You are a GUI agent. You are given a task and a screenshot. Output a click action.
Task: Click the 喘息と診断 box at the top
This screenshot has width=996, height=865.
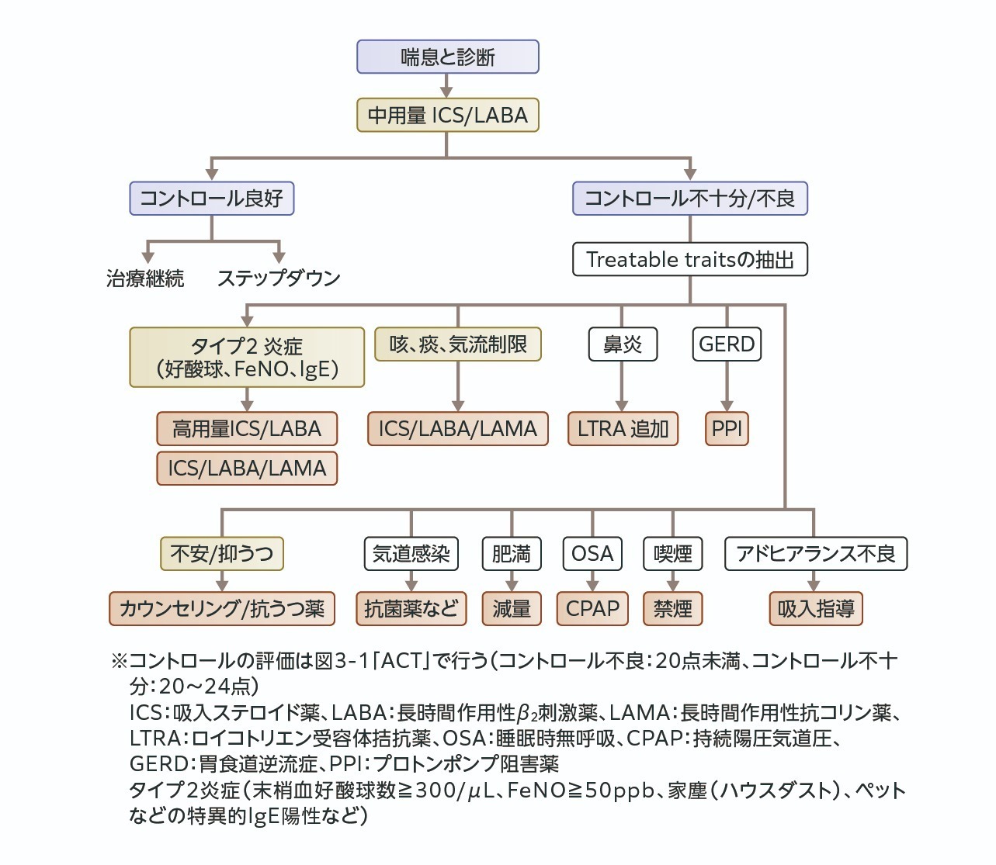[x=447, y=57]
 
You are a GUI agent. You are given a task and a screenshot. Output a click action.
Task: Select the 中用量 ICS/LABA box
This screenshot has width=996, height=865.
[x=447, y=116]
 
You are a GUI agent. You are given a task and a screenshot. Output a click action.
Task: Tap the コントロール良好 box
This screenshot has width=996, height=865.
[x=211, y=198]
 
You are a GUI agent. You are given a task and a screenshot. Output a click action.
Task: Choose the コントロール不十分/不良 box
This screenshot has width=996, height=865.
[x=689, y=198]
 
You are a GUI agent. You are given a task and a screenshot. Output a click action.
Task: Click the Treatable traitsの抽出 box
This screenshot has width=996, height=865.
[x=689, y=259]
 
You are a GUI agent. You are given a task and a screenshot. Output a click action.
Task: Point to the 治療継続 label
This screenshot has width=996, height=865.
[x=145, y=278]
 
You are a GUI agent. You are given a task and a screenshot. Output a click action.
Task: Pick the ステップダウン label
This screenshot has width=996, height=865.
[x=279, y=278]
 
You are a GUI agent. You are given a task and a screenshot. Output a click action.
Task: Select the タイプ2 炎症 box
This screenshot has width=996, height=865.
[x=247, y=357]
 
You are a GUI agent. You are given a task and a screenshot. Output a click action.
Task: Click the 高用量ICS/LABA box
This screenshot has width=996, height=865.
[x=247, y=428]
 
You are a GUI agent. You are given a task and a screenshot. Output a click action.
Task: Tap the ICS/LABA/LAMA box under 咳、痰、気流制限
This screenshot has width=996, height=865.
[x=457, y=428]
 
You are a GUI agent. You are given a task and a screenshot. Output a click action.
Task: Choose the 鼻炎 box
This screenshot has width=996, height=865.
[x=622, y=344]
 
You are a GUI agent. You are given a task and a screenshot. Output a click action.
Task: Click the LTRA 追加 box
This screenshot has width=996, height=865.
[x=623, y=428]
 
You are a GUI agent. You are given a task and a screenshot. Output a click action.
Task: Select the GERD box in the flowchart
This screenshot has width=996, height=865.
[x=727, y=344]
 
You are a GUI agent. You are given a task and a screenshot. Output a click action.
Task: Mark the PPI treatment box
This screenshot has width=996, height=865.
[x=727, y=428]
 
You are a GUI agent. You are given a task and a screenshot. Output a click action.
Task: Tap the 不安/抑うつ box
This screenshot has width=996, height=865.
[x=222, y=553]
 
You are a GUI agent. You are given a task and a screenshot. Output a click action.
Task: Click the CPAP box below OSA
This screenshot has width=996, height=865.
[x=592, y=608]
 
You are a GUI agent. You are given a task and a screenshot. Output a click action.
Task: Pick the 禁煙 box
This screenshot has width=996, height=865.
[x=672, y=608]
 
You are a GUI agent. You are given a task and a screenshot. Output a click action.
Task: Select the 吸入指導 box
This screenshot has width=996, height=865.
[x=815, y=608]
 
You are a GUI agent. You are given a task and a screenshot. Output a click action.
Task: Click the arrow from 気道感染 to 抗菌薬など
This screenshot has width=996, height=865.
[x=411, y=581]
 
